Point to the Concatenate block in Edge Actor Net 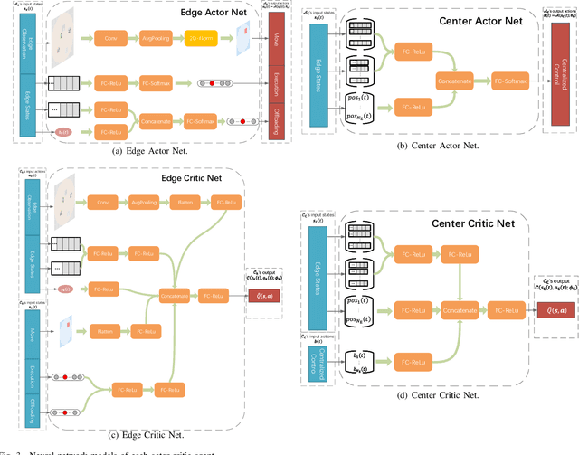[x=153, y=120]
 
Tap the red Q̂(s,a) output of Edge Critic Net [x=263, y=296]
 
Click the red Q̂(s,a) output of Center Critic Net [x=553, y=310]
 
